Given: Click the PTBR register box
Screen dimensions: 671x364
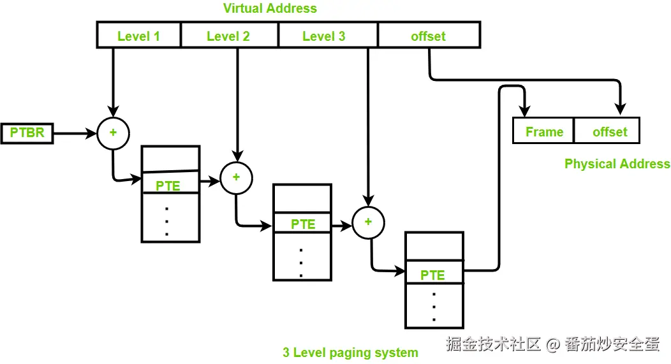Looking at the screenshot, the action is pos(27,133).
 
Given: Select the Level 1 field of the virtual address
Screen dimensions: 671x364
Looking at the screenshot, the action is pos(138,34).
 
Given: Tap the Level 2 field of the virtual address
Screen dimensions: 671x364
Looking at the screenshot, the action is pos(230,34).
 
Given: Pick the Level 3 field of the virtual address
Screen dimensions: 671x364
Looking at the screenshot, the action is pos(328,34).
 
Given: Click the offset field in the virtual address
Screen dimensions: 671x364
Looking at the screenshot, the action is pos(429,34).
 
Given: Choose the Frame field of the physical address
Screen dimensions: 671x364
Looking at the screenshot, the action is pos(543,131).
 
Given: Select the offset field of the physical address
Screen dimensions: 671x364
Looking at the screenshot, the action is pos(607,131).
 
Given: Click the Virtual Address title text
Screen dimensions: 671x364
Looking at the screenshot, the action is pos(270,8).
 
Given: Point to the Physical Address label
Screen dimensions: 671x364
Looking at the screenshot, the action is pos(617,164).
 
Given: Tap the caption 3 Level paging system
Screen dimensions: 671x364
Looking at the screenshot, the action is pos(350,353).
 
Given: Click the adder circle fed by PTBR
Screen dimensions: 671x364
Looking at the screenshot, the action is pos(113,133).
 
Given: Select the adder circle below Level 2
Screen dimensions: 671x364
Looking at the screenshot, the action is pos(236,178).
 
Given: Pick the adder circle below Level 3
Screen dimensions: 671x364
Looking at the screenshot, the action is pos(368,222).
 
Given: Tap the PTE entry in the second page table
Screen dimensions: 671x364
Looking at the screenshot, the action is pos(302,222).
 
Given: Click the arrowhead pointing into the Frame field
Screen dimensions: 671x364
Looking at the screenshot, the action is pos(525,110).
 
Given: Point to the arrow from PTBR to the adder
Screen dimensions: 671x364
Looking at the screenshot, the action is pos(75,133).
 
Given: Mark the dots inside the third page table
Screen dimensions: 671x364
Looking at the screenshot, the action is pos(434,307).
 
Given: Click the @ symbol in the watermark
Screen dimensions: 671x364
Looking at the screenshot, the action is pos(552,344).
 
